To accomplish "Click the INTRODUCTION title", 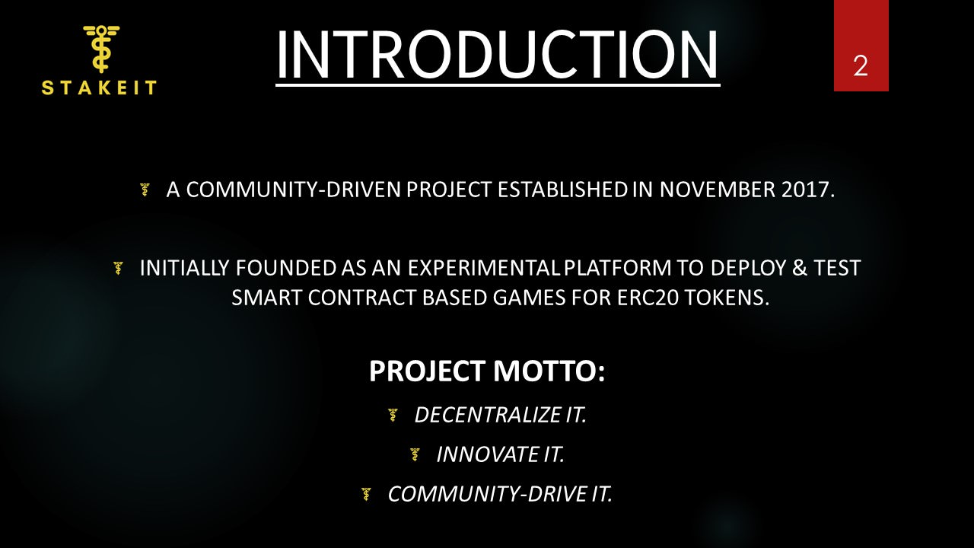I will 497,55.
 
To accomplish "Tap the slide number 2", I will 861,66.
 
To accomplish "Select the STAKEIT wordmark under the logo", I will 99,88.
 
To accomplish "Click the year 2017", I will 807,190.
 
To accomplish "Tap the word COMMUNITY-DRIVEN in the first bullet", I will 294,190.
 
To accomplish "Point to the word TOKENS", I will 731,298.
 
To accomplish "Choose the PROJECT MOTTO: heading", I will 487,371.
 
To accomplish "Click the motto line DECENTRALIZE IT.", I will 501,416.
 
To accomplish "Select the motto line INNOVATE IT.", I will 501,455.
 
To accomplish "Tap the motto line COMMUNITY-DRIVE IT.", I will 500,495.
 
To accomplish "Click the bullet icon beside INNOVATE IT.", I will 415,455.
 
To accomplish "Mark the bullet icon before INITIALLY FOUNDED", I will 118,269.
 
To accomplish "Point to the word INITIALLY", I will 183,269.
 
